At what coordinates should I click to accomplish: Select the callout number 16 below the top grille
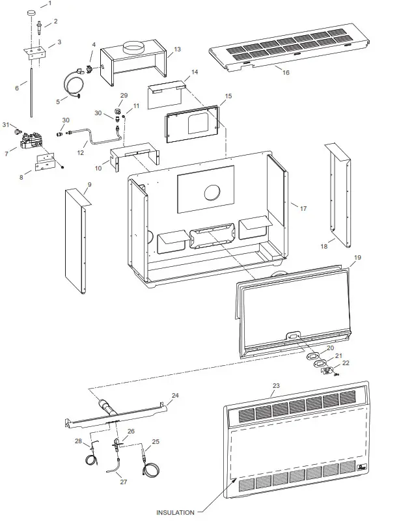[286, 74]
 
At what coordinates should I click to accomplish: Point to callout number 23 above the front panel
[275, 385]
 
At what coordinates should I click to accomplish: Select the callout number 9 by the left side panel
[89, 185]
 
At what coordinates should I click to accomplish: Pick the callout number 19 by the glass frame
[357, 258]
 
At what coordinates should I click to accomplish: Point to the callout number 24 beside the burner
[174, 395]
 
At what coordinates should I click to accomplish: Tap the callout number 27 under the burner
[124, 482]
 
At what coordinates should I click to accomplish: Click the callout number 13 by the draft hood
[177, 49]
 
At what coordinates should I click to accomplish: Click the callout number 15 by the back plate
[228, 96]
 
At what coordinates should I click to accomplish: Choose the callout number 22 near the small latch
[346, 363]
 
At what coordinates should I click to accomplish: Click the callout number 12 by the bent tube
[81, 154]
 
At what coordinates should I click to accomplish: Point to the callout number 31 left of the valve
[6, 124]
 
